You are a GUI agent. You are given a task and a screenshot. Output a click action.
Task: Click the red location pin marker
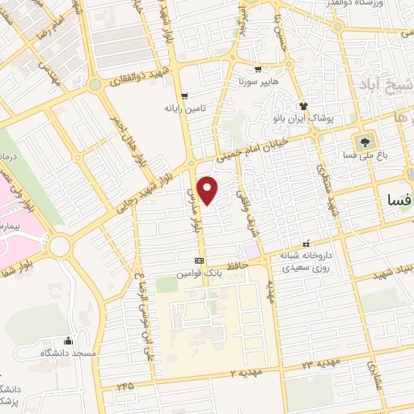(209, 189)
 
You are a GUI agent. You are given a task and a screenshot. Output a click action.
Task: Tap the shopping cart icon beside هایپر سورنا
(258, 70)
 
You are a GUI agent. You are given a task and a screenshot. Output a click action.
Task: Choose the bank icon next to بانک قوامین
(200, 260)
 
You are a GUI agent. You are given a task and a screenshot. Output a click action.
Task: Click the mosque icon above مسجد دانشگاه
(67, 340)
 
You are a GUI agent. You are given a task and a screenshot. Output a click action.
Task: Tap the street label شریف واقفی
(242, 194)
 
